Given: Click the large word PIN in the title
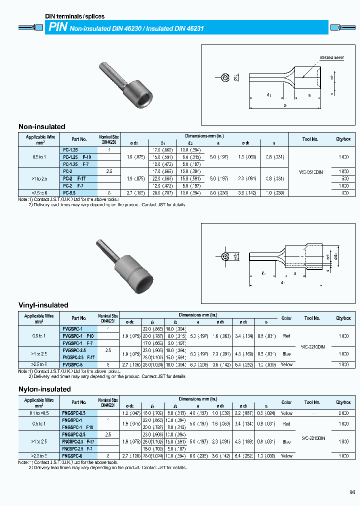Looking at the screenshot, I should point(57,28).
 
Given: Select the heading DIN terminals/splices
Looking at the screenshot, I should point(75,16).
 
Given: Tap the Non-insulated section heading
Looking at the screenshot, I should point(42,126).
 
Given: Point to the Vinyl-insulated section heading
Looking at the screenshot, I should point(43,305).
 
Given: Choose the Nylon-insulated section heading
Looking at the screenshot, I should point(45,389).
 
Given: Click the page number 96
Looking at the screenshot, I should point(352,492).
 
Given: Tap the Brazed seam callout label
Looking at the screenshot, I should point(332,58).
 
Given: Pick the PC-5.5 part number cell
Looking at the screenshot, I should point(69,192).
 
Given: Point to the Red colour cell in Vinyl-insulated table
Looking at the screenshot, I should point(286,336).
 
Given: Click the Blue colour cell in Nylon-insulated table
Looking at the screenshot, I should point(286,441).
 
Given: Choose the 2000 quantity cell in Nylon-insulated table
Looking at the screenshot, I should point(343,413).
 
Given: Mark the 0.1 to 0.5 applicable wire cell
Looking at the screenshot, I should point(39,413).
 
